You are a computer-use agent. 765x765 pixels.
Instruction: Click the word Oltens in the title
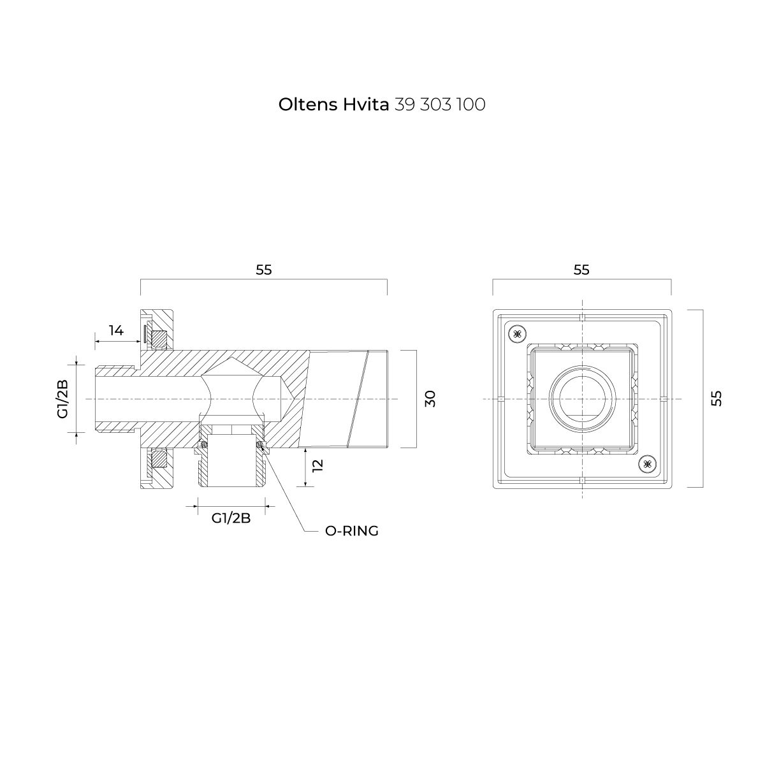(x=308, y=105)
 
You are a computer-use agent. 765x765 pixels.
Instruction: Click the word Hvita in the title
(x=366, y=105)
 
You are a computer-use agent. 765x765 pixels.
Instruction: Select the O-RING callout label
(x=352, y=531)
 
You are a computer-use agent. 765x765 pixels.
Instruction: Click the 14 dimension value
(x=116, y=330)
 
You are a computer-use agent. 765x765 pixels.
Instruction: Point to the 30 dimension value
(x=430, y=398)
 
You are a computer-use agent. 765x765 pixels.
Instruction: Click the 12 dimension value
(x=317, y=465)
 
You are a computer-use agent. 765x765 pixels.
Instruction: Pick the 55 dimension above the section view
(x=263, y=270)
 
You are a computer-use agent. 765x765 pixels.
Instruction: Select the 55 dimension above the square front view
(x=581, y=270)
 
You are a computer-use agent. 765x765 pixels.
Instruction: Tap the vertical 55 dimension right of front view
(x=716, y=398)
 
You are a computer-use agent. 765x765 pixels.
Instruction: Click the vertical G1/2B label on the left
(x=62, y=398)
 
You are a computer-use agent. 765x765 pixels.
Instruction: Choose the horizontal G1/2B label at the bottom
(x=231, y=518)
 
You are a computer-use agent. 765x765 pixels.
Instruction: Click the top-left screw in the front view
(x=517, y=334)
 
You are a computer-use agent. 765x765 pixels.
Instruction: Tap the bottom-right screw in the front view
(x=647, y=463)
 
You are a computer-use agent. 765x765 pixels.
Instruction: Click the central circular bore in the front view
(x=582, y=398)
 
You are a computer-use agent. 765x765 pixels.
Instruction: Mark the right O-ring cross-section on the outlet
(x=261, y=444)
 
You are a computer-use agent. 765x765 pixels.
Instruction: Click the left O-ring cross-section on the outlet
(x=204, y=444)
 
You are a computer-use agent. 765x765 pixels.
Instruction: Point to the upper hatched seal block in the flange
(x=160, y=338)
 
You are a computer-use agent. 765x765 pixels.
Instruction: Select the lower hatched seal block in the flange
(x=160, y=459)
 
